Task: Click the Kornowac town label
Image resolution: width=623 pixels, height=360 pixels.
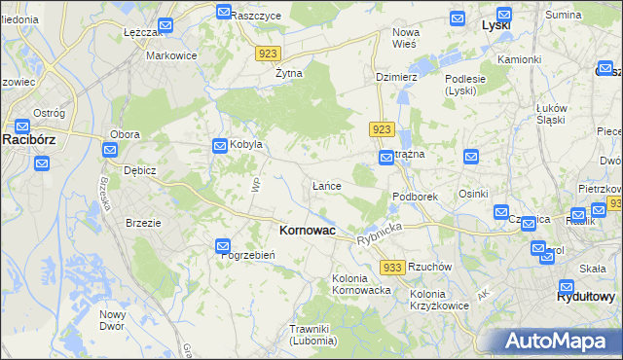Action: pyautogui.click(x=307, y=231)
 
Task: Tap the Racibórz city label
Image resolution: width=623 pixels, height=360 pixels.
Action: pyautogui.click(x=33, y=139)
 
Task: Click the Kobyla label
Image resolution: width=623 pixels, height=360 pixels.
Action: pyautogui.click(x=246, y=145)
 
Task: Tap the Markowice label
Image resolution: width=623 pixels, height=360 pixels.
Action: pyautogui.click(x=171, y=55)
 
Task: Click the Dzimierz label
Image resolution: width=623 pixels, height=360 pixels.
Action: pyautogui.click(x=396, y=77)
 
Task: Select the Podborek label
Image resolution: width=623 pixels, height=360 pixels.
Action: pyautogui.click(x=416, y=197)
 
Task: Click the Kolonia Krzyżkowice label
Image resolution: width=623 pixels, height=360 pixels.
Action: pyautogui.click(x=441, y=300)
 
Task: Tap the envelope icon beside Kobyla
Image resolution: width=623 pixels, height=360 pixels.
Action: pyautogui.click(x=220, y=145)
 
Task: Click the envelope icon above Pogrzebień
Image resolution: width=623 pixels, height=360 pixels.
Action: pyautogui.click(x=223, y=246)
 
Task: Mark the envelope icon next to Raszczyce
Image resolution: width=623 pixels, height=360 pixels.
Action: pyautogui.click(x=223, y=13)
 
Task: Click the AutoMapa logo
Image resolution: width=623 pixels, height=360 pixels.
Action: pyautogui.click(x=557, y=342)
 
